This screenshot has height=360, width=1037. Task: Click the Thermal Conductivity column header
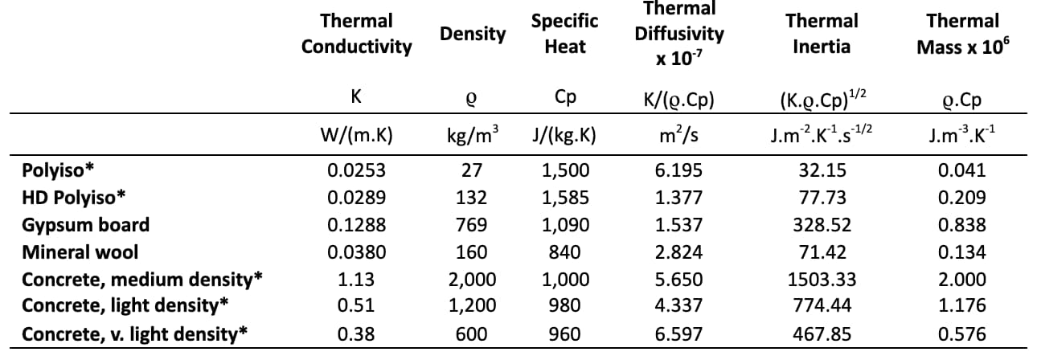coord(356,33)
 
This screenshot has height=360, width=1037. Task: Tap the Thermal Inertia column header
coord(822,33)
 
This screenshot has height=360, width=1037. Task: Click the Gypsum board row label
coord(85,225)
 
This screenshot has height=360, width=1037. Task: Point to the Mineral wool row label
coord(80,252)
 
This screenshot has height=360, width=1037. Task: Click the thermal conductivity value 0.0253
coord(356,170)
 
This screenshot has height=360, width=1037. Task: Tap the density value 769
coord(471,225)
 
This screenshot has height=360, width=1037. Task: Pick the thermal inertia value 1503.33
coord(822,279)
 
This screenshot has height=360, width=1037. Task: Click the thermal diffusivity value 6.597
coord(679,333)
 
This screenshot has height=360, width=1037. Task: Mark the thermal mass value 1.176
coord(962,305)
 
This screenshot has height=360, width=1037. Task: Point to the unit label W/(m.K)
coord(356,135)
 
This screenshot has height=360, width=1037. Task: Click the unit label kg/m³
coord(472,135)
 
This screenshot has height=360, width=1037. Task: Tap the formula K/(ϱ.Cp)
coord(679,99)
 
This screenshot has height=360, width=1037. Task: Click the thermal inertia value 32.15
coord(822,170)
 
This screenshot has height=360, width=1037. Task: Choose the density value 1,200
coord(471,305)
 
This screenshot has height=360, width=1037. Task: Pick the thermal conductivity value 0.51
coord(356,305)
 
